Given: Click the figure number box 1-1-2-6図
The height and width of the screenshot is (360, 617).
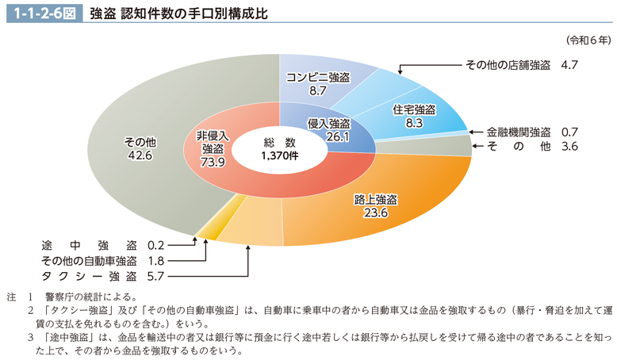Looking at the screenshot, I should [x=42, y=13].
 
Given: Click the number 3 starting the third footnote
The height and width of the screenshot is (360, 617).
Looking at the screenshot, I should [x=30, y=335].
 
